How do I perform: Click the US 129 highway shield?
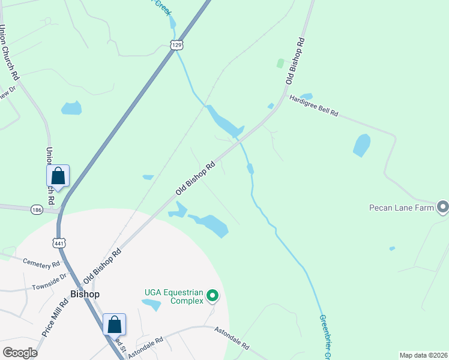176,45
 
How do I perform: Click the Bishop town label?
85,294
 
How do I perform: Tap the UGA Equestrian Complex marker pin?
211,296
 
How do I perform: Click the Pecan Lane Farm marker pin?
443,208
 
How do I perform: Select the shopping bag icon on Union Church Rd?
58,176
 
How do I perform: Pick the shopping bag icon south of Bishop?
115,325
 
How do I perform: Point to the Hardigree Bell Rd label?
314,106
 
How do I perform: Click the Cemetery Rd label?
41,263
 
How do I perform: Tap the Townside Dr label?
49,280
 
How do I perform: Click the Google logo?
20,352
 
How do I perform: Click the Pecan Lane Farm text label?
402,208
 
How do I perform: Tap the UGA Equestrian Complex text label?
173,297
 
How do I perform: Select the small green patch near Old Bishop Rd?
280,63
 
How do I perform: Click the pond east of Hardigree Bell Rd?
361,145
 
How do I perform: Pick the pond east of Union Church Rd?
71,108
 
